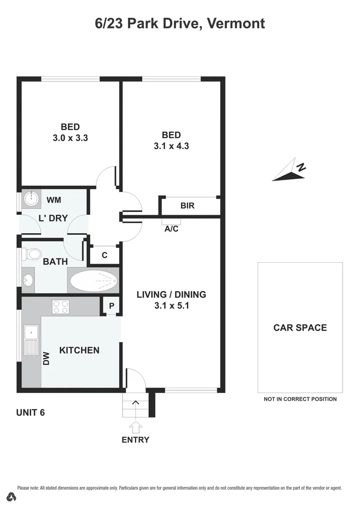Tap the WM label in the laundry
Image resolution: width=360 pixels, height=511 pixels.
click(x=53, y=200)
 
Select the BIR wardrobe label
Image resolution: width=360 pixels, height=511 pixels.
click(x=188, y=206)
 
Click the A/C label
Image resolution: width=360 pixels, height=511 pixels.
click(x=171, y=229)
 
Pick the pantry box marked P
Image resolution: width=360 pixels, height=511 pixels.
click(x=112, y=306)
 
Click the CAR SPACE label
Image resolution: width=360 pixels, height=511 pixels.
click(x=300, y=327)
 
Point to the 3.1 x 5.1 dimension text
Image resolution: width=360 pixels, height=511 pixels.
click(x=171, y=306)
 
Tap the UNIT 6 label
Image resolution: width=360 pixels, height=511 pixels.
click(x=30, y=412)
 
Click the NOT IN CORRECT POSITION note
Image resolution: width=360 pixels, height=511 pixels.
click(x=300, y=399)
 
